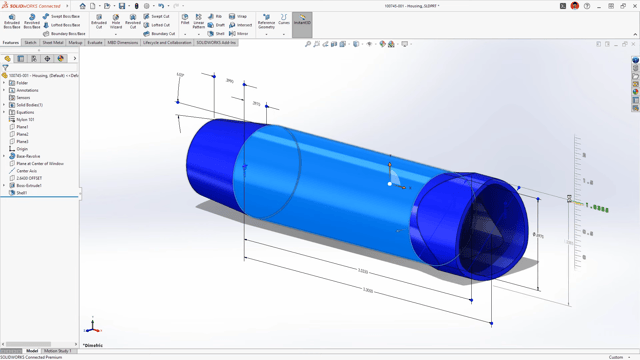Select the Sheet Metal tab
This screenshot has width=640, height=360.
point(53,43)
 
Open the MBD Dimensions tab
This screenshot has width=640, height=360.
point(123,43)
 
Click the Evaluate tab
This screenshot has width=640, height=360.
point(95,43)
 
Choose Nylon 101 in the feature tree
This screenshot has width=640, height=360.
point(25,120)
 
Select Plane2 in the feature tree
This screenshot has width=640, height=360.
point(23,134)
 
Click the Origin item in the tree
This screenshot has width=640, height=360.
point(23,149)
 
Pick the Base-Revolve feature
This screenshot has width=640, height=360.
point(28,156)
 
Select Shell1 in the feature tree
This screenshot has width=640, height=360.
point(22,193)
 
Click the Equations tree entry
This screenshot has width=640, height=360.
point(25,112)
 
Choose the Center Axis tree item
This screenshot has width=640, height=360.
point(27,171)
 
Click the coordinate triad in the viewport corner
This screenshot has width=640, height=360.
point(92,326)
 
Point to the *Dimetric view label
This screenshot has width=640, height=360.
point(93,345)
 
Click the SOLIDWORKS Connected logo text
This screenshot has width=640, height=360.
point(36,6)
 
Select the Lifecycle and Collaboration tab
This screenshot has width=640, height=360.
point(167,43)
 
